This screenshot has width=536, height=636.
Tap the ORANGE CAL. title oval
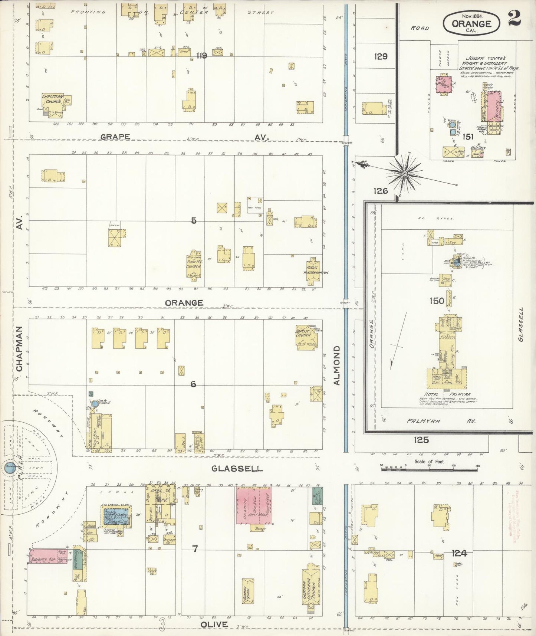coord(471,23)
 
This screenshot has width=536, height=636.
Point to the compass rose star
coord(405,173)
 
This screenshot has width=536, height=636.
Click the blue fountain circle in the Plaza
coord(9,468)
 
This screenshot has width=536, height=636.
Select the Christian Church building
coord(53,102)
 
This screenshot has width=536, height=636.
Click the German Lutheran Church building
coord(310,587)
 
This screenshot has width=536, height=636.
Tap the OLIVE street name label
coord(214,624)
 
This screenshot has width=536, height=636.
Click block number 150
coord(437,301)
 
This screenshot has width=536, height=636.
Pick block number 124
coord(459,553)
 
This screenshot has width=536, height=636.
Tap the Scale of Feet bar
coord(430,469)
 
